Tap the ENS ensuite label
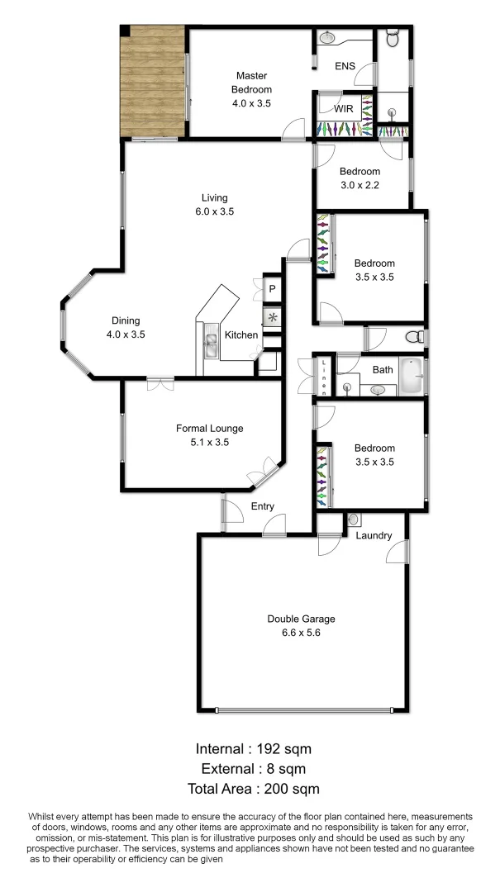coord(345,65)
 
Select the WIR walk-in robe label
coord(344,109)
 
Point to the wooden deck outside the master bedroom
coord(152,83)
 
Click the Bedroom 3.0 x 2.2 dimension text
coord(360,186)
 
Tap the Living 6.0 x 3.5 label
coord(215,205)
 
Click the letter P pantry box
coord(272,288)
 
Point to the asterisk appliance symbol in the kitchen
coord(272,317)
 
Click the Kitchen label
coord(241,335)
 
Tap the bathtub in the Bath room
coord(411,376)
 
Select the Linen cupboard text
coord(325,376)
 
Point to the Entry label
coord(262,506)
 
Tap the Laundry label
coord(374,535)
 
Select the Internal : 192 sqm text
coord(253,749)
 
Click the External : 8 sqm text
coord(253,769)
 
